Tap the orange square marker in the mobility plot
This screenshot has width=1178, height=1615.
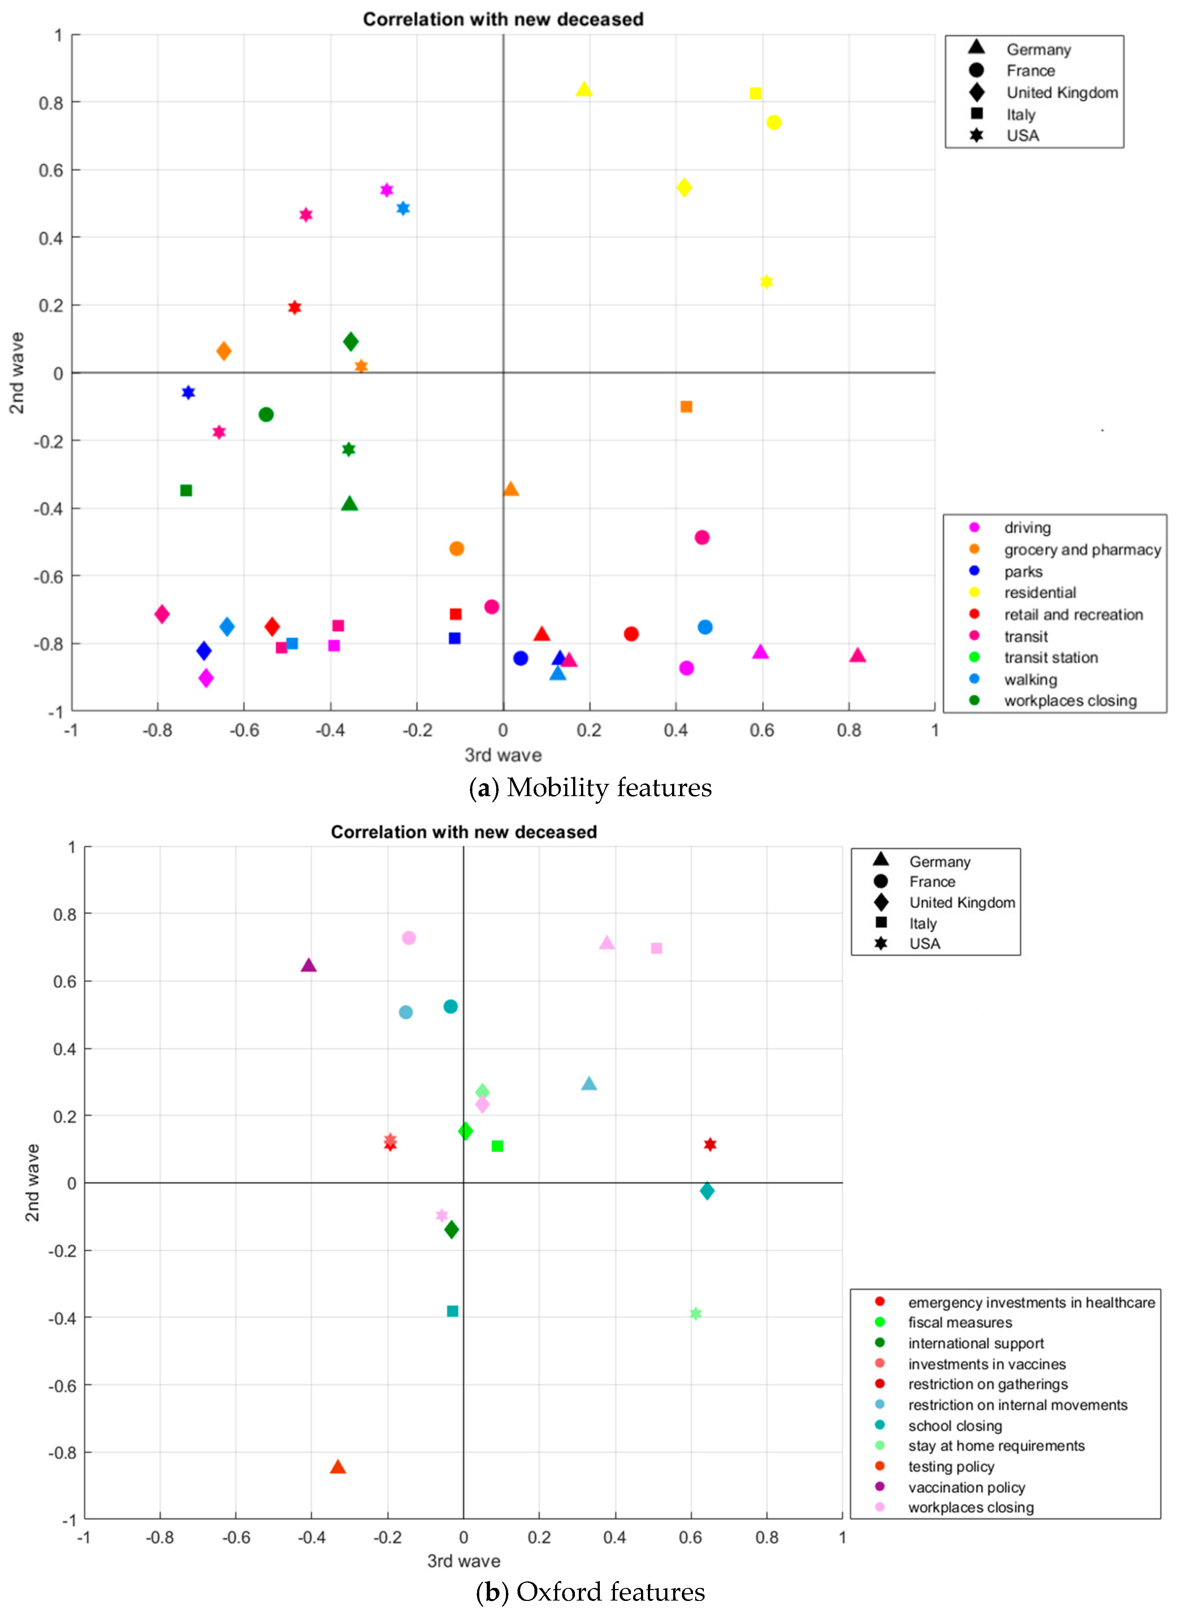[686, 407]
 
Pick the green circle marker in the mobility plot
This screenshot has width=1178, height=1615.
[266, 414]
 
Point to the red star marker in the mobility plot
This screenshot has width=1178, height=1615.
[295, 307]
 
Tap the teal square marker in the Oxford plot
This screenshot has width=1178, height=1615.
[452, 1311]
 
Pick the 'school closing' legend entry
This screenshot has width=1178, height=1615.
[955, 1425]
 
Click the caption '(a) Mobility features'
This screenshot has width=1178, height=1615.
[590, 787]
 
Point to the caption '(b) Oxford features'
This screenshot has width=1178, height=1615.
[590, 1592]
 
